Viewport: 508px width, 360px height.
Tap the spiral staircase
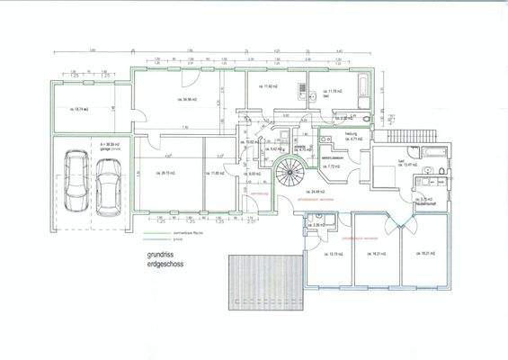coord(290,170)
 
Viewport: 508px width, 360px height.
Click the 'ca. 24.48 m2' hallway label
coord(315,191)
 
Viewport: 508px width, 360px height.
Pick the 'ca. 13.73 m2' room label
coord(327,254)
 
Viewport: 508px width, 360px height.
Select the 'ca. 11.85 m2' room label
coord(218,173)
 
